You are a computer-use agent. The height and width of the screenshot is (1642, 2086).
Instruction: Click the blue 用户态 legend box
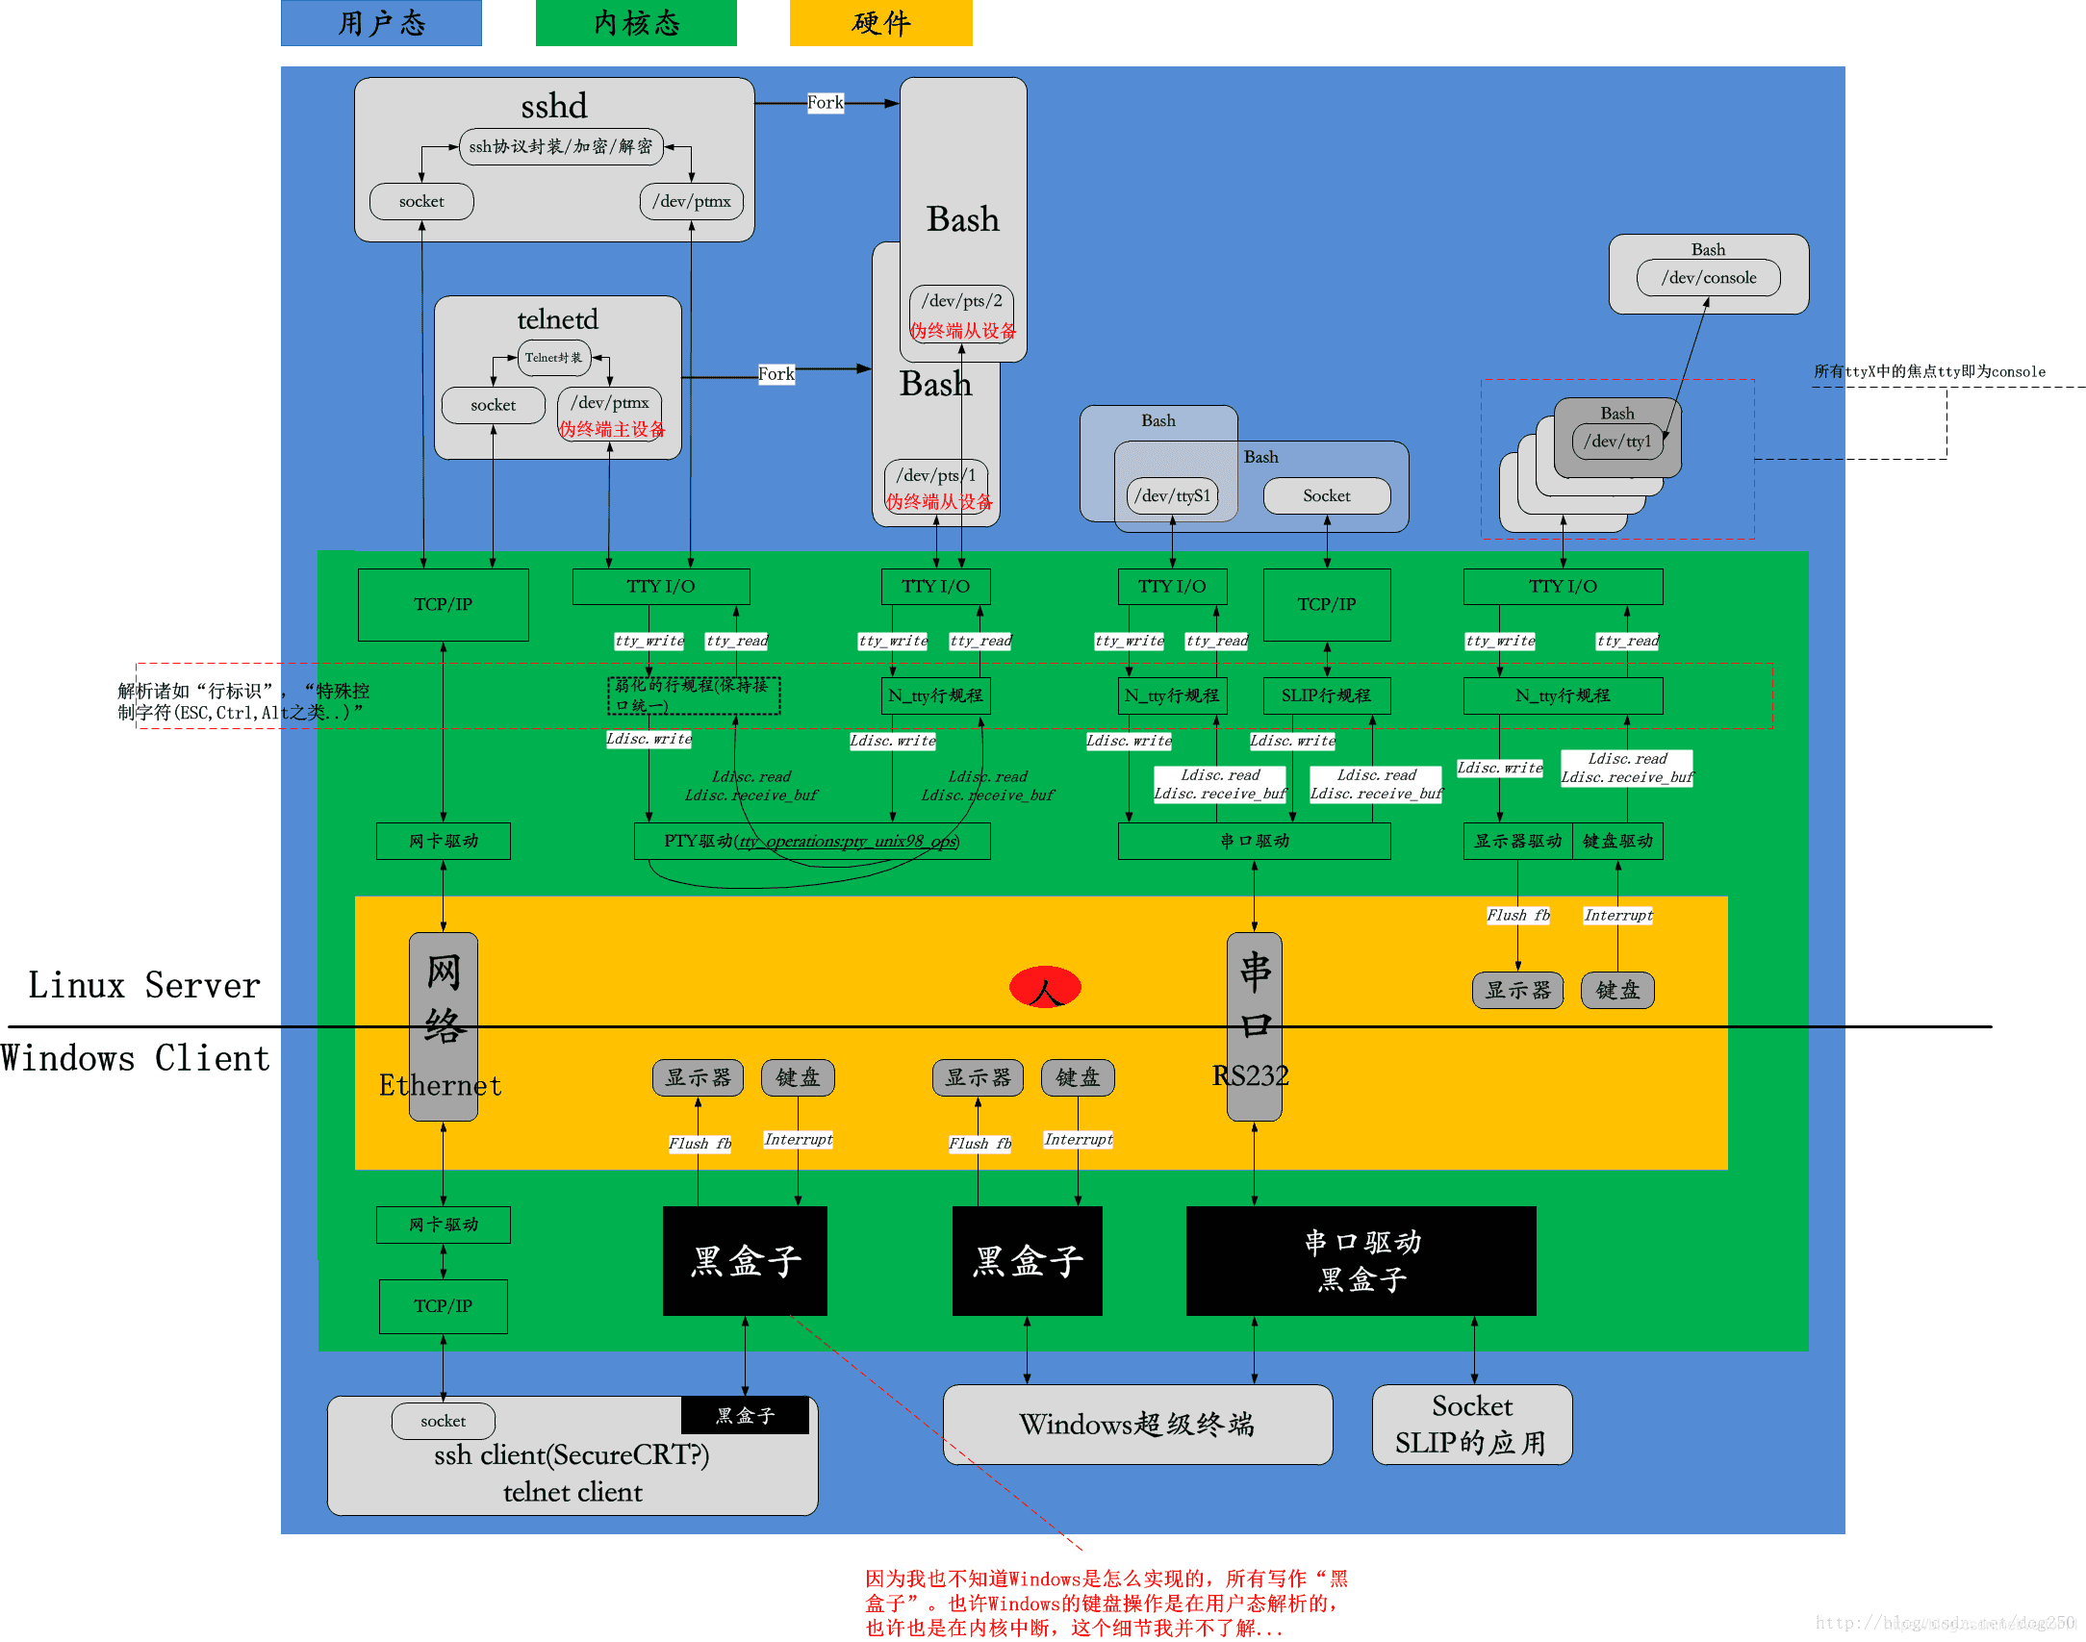(381, 23)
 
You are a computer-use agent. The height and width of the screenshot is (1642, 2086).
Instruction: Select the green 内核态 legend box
(636, 23)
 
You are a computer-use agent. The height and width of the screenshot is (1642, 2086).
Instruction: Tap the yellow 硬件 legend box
(880, 23)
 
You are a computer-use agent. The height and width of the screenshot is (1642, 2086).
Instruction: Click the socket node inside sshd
(421, 202)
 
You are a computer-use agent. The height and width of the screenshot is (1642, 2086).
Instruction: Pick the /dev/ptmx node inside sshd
(691, 202)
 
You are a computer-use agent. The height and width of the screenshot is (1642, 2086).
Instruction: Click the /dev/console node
(1708, 278)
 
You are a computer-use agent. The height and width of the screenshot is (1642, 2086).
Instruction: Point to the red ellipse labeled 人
(1045, 988)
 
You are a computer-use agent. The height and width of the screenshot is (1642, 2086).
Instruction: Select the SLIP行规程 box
(1326, 695)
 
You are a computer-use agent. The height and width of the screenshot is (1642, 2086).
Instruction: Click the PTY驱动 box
(811, 842)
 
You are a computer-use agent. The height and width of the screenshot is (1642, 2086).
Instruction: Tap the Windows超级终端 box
(1137, 1425)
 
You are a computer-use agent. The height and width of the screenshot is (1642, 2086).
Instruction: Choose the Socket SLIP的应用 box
(1471, 1425)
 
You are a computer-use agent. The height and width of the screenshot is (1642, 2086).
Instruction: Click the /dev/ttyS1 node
(1172, 496)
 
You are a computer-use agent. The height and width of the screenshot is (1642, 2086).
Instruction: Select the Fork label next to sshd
(825, 103)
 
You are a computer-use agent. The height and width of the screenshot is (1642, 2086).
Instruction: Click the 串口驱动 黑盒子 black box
(1361, 1261)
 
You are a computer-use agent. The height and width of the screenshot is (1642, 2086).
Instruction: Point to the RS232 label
(1250, 1075)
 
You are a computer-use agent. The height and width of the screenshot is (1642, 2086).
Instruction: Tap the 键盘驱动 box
(1617, 842)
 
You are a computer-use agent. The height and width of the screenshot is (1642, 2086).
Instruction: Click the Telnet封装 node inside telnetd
(553, 358)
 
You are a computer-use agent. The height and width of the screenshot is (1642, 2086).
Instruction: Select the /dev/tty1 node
(1616, 442)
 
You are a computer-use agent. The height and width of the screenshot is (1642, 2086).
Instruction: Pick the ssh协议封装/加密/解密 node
(561, 147)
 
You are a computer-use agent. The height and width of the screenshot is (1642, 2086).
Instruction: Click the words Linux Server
(144, 986)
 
